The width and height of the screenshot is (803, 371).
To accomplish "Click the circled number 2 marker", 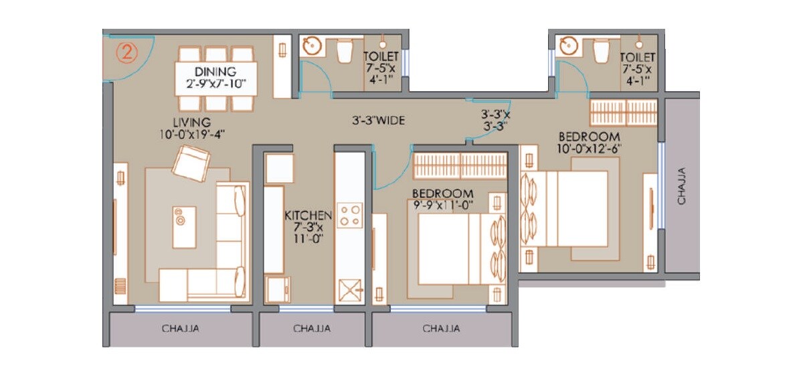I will [x=127, y=53].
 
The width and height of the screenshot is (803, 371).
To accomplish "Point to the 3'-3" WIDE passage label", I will [x=379, y=121].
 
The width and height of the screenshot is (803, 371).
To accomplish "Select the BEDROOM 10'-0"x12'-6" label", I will [x=589, y=143].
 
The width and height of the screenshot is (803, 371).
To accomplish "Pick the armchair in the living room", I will [x=191, y=163].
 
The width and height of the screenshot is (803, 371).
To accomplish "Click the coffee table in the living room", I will [x=183, y=226].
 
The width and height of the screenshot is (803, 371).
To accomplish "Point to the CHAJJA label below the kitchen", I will [x=311, y=329].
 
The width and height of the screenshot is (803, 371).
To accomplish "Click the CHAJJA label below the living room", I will [x=181, y=329].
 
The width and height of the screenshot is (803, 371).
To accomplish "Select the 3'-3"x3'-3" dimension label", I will [x=495, y=119].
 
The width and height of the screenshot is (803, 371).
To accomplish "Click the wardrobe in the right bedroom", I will [x=623, y=113].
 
